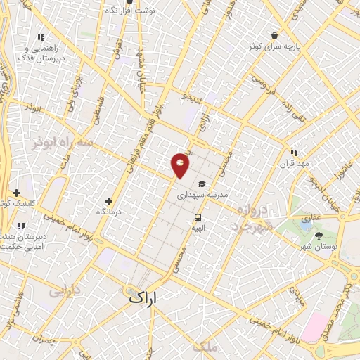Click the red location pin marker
180,166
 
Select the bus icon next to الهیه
198,217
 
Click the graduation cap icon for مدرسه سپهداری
202,184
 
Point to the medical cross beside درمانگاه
108,201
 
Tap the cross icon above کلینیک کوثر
16,192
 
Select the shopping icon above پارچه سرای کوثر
274,35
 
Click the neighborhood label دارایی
64,290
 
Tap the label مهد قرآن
295,164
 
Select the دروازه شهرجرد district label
250,219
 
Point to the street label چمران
44,340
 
